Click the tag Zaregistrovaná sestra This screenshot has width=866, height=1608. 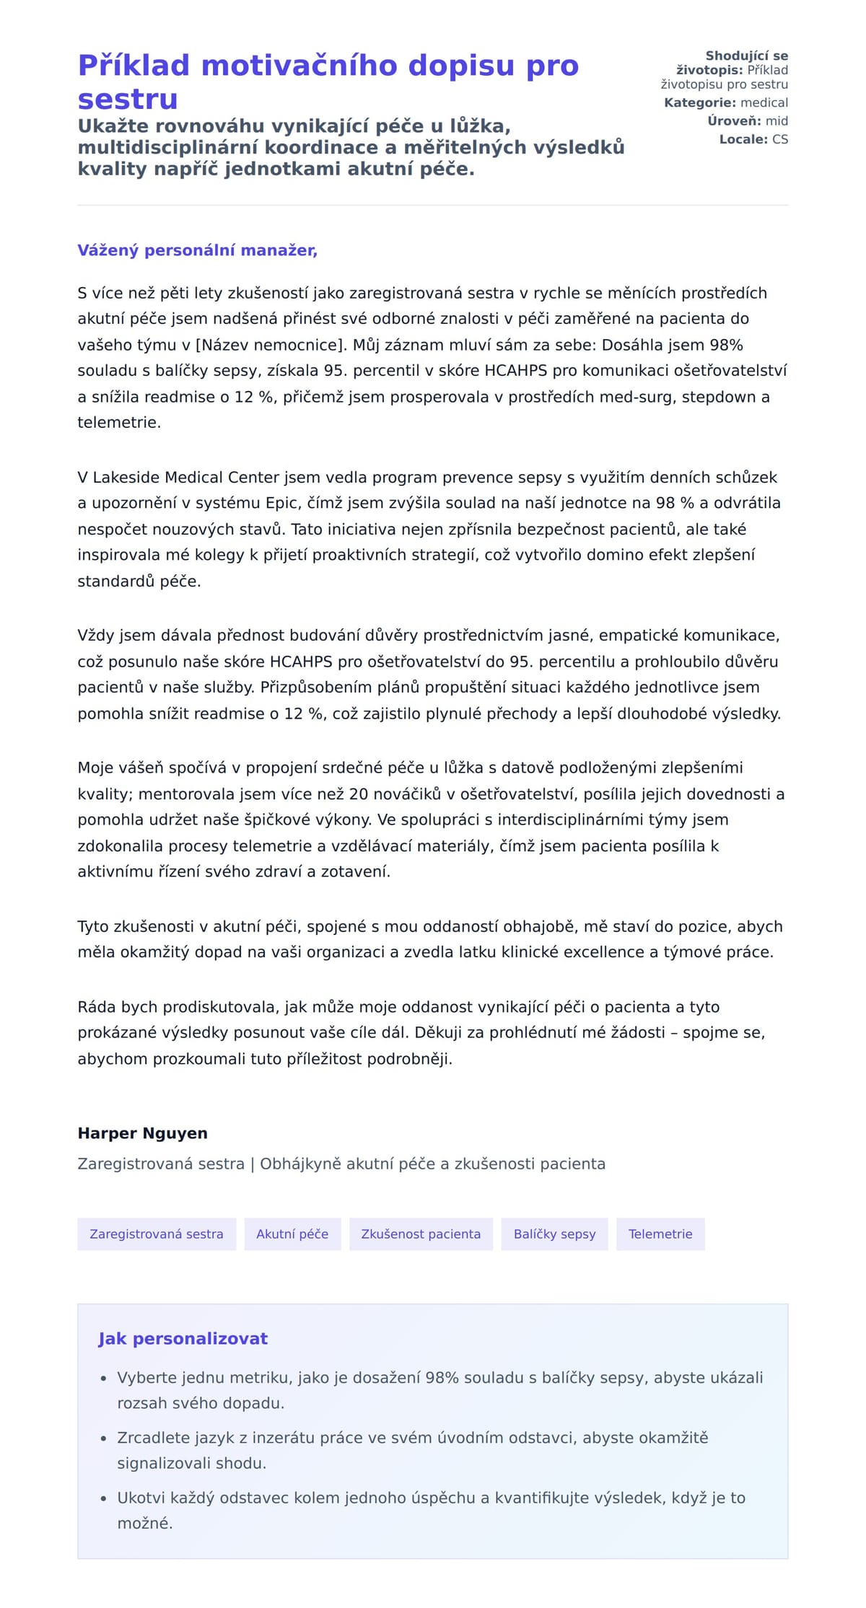coord(157,1234)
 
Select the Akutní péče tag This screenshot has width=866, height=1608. coord(292,1234)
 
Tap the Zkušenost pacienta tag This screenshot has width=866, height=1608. coord(421,1234)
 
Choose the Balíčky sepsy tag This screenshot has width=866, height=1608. coord(554,1234)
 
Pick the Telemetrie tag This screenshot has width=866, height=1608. coord(660,1234)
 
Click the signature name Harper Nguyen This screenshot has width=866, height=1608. coord(142,1133)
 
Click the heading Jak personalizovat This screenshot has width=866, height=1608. coord(183,1338)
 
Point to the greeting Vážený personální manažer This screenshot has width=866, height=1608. coord(197,250)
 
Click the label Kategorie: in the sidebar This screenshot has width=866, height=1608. coord(700,103)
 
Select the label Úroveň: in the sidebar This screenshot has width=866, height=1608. coord(734,121)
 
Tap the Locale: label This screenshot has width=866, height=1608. coord(743,139)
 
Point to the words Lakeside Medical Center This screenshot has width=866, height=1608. coord(186,478)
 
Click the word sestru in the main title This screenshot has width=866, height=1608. coord(128,99)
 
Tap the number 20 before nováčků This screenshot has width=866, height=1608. coord(359,794)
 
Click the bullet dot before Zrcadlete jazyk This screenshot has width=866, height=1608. coord(104,1438)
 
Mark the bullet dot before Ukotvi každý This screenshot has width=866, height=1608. coord(104,1498)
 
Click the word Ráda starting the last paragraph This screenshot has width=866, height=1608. coord(97,1007)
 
